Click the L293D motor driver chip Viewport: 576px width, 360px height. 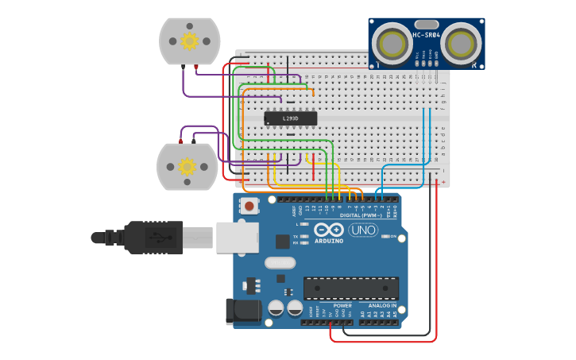(290, 118)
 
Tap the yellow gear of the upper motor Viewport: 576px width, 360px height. (189, 41)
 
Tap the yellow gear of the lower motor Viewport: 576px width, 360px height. (187, 166)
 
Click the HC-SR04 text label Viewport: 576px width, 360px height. (427, 35)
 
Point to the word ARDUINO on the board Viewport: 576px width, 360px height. (328, 241)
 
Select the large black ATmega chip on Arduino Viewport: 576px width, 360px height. (350, 288)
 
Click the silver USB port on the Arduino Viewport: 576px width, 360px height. (238, 237)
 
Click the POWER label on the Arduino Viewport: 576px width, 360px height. (342, 305)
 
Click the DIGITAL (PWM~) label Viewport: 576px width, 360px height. (360, 215)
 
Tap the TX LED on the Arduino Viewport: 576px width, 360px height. (303, 236)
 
